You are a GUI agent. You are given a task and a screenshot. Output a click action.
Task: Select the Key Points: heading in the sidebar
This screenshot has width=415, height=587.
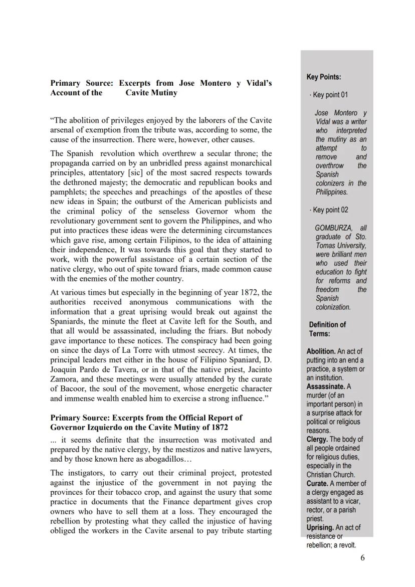324,77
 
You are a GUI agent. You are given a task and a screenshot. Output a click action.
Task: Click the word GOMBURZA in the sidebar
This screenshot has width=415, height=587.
333,228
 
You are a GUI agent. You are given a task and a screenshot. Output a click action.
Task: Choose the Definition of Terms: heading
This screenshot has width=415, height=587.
327,329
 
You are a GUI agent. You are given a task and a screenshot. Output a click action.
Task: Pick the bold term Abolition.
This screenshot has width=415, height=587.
321,351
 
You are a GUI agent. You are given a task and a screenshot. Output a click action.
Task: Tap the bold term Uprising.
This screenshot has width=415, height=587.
320,527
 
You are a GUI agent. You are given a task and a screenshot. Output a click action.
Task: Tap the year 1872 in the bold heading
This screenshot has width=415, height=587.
217,427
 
